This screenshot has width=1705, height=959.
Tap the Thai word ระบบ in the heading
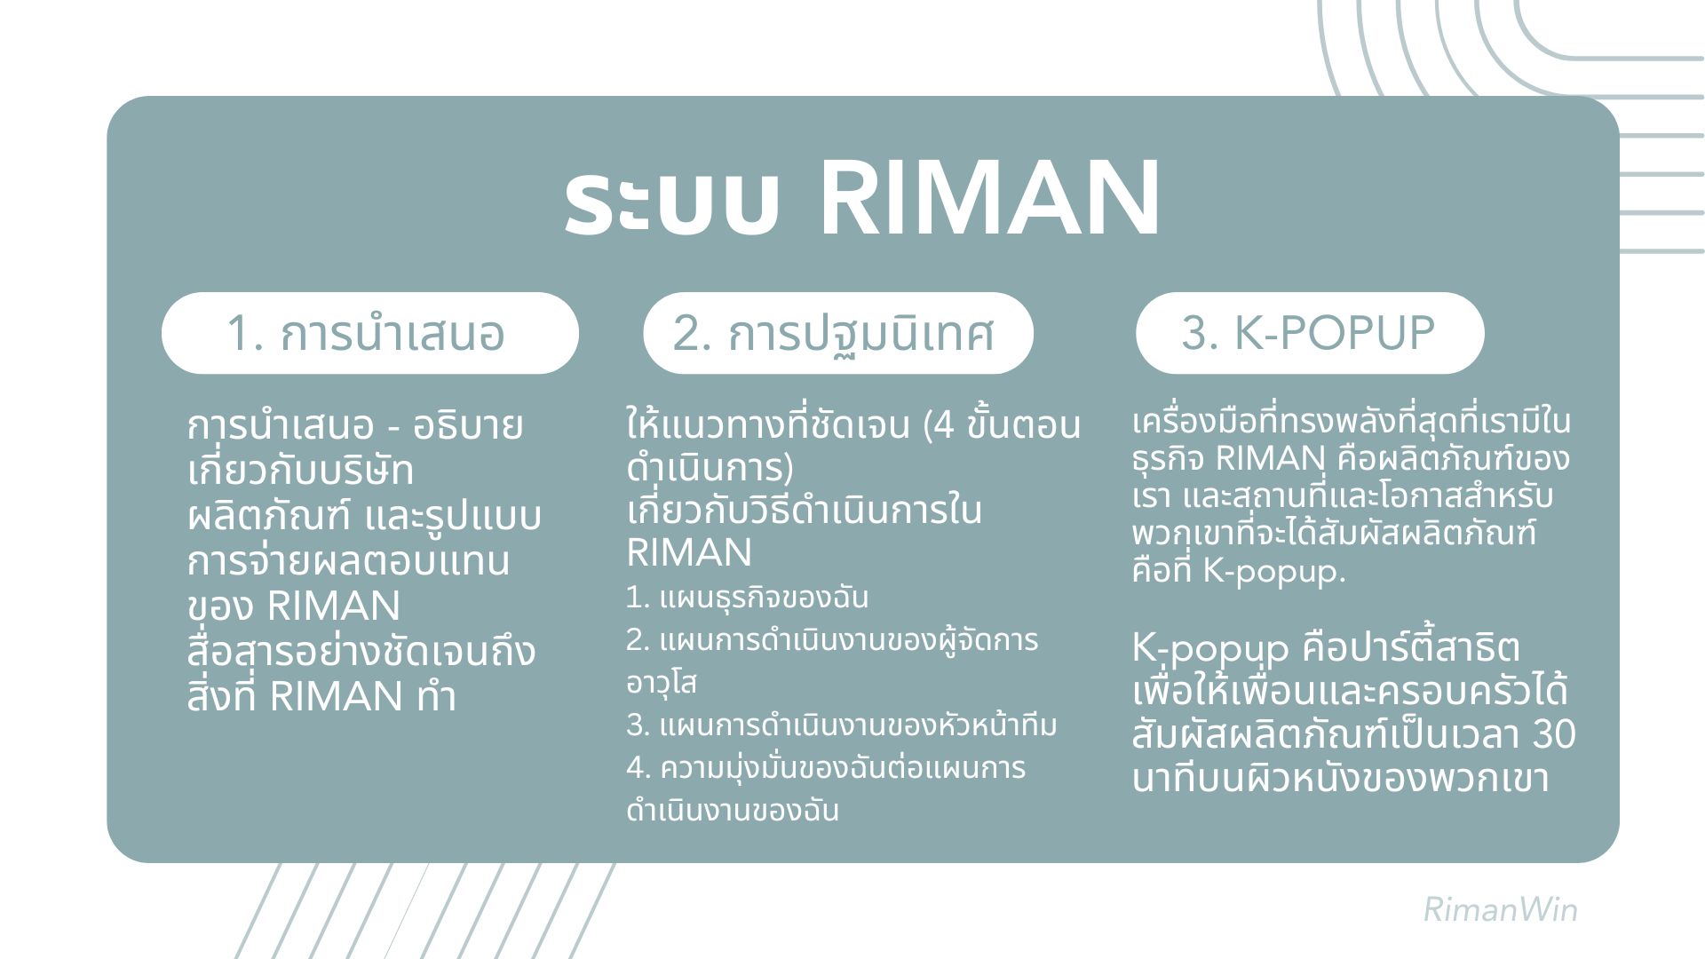point(672,203)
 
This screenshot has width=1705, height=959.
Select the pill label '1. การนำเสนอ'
point(366,334)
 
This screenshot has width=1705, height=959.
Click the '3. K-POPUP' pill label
point(1308,333)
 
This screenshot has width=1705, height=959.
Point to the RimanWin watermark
point(1500,910)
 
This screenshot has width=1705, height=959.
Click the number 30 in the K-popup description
point(1554,735)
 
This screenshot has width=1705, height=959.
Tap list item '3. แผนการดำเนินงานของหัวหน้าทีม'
point(842,725)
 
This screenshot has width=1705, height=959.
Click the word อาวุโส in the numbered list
point(662,683)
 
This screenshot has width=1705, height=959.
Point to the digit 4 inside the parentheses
point(944,426)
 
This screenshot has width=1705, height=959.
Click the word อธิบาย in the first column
point(467,426)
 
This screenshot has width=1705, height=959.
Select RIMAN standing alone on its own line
point(689,553)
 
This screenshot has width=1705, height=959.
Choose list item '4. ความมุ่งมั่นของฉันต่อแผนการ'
point(826,768)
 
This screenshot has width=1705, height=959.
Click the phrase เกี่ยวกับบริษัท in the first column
point(301,471)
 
